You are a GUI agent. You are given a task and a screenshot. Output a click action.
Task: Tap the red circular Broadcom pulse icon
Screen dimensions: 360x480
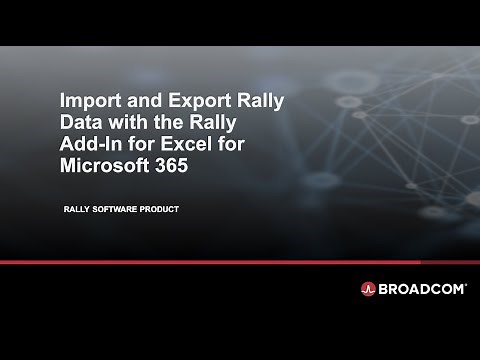pyautogui.click(x=368, y=289)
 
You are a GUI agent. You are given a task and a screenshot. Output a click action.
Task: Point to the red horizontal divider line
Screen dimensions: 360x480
pyautogui.click(x=240, y=262)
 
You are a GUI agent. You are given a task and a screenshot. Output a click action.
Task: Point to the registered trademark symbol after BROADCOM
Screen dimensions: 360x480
pyautogui.click(x=465, y=284)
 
